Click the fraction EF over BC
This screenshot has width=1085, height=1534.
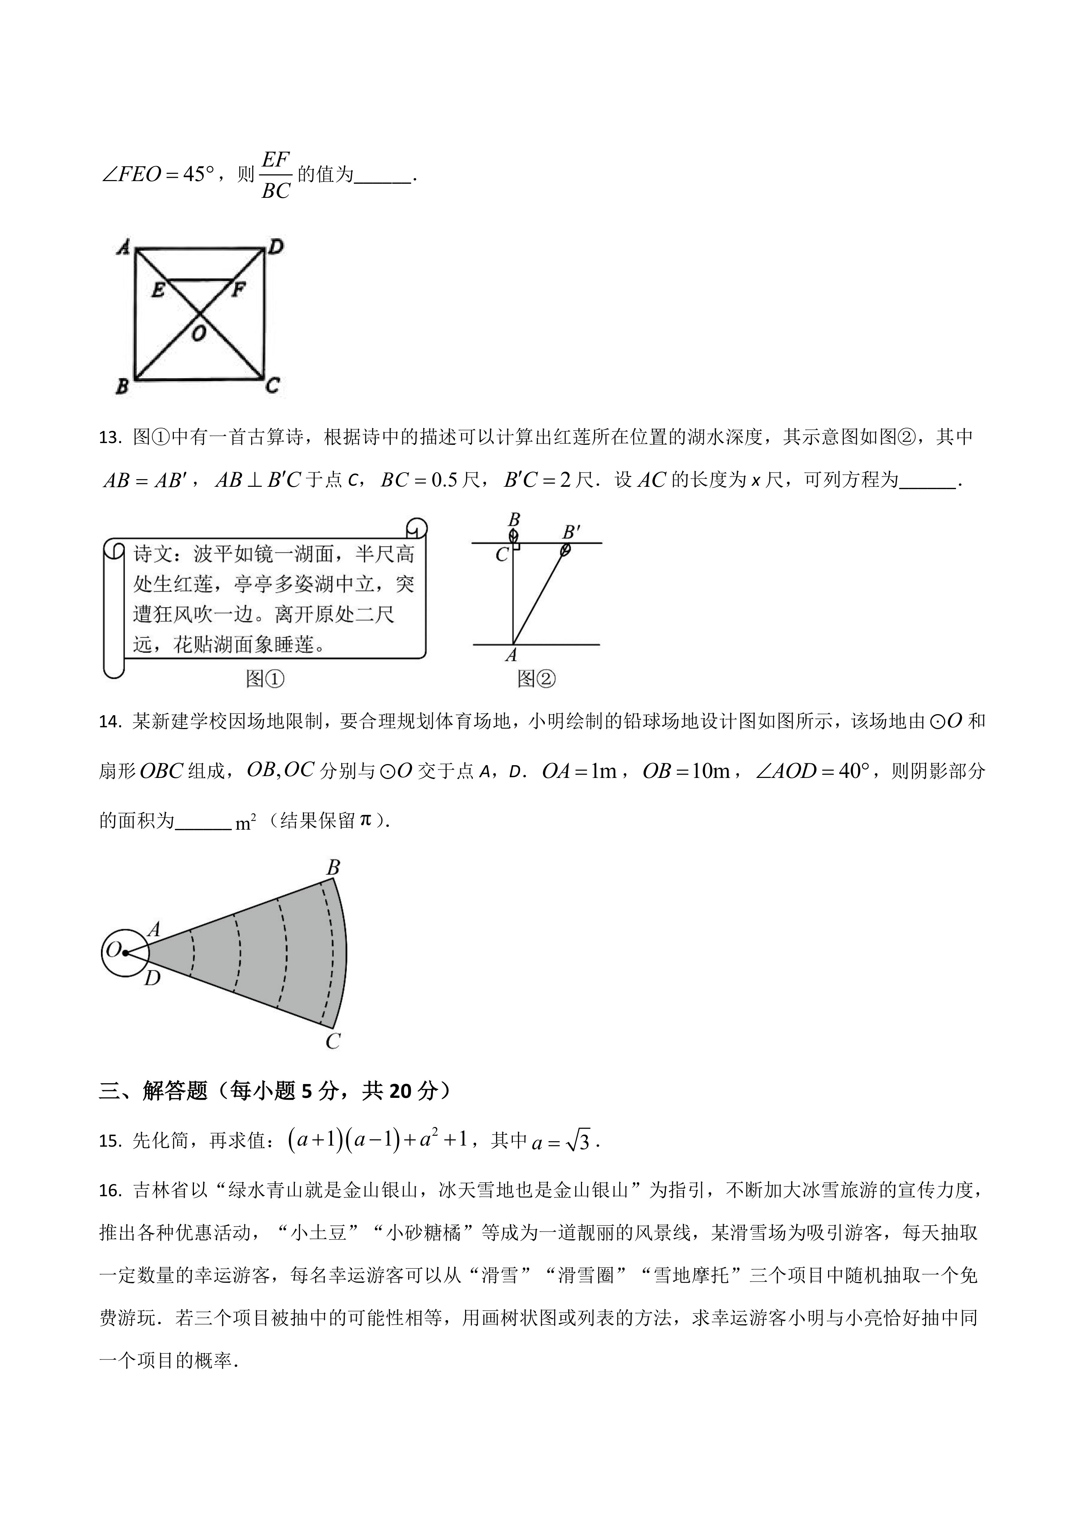(275, 175)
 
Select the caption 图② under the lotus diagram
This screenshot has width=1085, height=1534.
(536, 679)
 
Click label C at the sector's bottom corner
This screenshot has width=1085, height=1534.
(333, 1041)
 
